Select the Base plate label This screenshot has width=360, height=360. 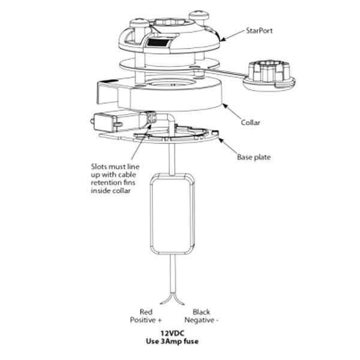(256, 158)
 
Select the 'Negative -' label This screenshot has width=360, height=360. (203, 320)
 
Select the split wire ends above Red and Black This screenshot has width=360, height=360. (175, 298)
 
